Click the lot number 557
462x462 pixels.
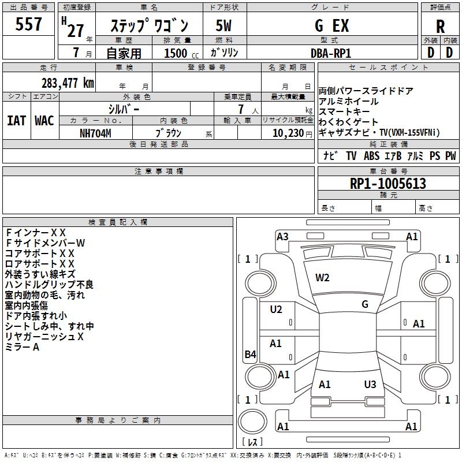click(29, 24)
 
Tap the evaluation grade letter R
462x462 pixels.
click(441, 26)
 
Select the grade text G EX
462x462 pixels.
click(331, 26)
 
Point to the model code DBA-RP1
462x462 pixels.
click(331, 53)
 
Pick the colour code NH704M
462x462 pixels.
click(96, 132)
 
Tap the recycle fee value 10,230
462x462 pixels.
click(285, 132)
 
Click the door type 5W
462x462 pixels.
click(224, 26)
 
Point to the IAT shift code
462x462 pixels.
click(16, 120)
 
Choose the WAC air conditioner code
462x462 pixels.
click(44, 120)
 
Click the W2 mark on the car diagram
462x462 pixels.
click(322, 278)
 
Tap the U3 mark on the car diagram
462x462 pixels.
click(370, 384)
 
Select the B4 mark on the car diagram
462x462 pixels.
click(250, 355)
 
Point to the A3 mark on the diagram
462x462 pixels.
click(282, 236)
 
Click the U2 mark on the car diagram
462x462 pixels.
click(276, 310)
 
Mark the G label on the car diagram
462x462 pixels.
click(365, 304)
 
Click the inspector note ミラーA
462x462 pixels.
click(22, 347)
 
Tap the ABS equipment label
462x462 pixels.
click(371, 156)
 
